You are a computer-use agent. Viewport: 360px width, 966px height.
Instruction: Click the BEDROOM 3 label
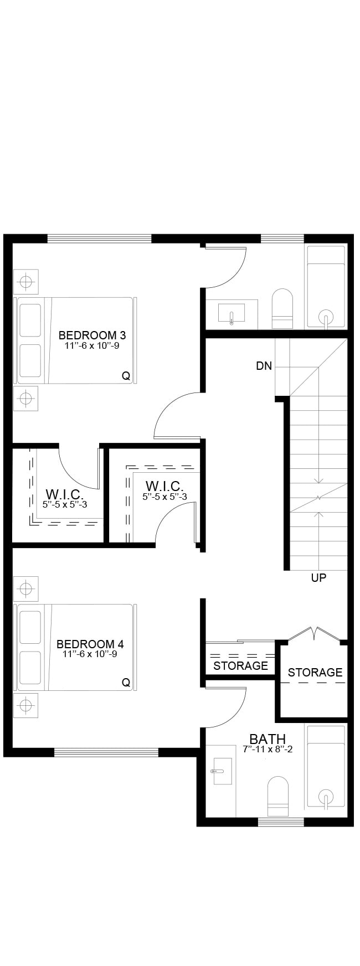[92, 335]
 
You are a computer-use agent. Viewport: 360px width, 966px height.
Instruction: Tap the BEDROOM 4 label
[90, 644]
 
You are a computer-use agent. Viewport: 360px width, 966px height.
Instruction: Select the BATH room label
[268, 739]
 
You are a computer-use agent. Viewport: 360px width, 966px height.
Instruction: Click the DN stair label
[264, 366]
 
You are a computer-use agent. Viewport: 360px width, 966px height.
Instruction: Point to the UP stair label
[318, 578]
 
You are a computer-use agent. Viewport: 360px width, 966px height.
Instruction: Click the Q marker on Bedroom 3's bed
[126, 376]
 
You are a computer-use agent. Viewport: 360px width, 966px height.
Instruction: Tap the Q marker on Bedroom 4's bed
[126, 683]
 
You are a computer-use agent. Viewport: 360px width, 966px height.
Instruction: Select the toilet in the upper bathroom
[282, 308]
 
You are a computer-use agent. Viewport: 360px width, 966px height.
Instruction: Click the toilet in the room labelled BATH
[278, 797]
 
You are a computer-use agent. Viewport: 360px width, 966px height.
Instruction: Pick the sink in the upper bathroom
[232, 313]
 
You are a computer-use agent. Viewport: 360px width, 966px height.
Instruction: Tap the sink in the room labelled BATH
[222, 771]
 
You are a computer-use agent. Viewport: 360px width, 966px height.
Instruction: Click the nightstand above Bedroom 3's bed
[25, 282]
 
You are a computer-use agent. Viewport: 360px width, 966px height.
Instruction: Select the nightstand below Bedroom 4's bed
[25, 705]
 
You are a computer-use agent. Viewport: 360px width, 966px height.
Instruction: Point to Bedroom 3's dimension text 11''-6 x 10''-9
[92, 345]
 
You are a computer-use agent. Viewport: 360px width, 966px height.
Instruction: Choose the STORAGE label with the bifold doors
[315, 672]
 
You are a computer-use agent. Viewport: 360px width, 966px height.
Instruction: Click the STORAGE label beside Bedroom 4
[240, 665]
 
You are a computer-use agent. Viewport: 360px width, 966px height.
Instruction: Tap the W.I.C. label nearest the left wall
[64, 494]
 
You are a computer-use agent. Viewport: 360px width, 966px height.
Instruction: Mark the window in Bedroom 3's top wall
[99, 239]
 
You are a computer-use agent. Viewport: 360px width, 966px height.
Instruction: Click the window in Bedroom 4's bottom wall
[106, 752]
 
